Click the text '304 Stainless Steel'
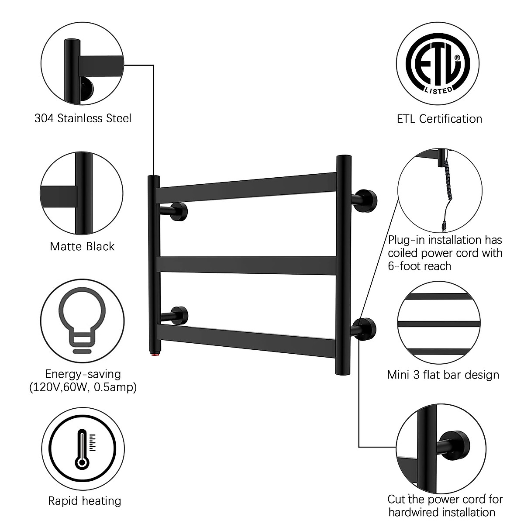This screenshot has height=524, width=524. click(83, 118)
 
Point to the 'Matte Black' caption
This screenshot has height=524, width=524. click(82, 246)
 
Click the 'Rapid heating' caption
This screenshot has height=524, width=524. click(84, 501)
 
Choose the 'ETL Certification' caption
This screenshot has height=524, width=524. click(439, 119)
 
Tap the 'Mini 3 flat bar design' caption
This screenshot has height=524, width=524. click(443, 375)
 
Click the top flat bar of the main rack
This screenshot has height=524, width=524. click(247, 187)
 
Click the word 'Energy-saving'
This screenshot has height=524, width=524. click(83, 374)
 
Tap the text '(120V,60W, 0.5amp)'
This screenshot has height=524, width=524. click(83, 387)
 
